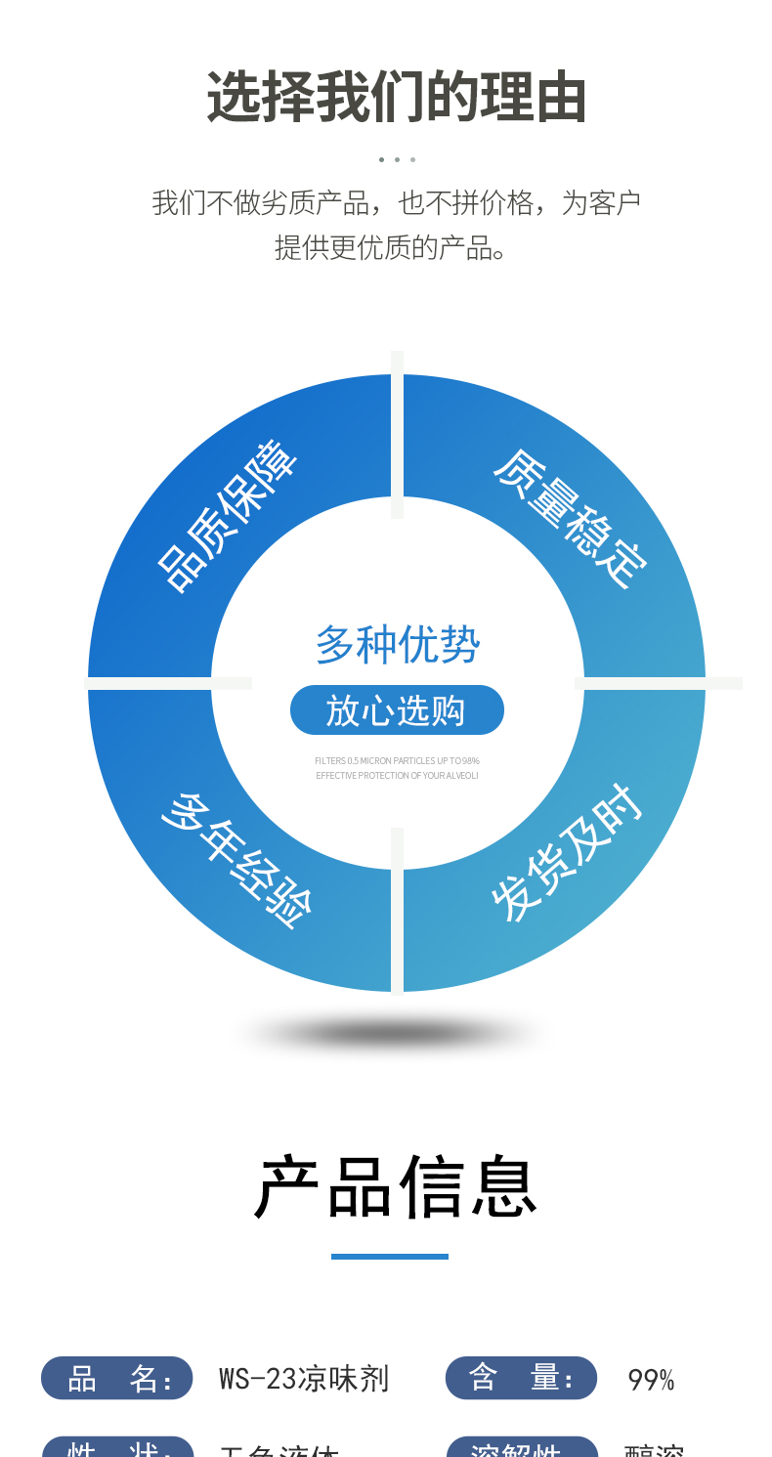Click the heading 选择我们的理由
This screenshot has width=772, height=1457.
click(x=396, y=97)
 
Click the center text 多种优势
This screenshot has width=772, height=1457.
click(x=397, y=645)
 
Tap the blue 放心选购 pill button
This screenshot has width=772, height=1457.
click(x=397, y=710)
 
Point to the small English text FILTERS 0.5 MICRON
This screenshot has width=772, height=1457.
click(x=397, y=760)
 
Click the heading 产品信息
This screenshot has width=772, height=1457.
click(x=396, y=1187)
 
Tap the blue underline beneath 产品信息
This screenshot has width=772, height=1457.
click(x=389, y=1256)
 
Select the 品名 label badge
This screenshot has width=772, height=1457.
click(x=117, y=1378)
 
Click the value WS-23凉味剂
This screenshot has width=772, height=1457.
click(x=304, y=1379)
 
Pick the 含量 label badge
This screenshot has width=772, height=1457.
click(x=521, y=1378)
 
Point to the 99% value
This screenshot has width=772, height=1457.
click(x=651, y=1380)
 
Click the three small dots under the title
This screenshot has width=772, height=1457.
click(x=397, y=159)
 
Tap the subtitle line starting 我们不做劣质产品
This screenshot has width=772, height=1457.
click(x=396, y=203)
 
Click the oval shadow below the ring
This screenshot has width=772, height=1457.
click(x=391, y=1033)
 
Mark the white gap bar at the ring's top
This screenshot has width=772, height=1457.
click(x=397, y=435)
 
